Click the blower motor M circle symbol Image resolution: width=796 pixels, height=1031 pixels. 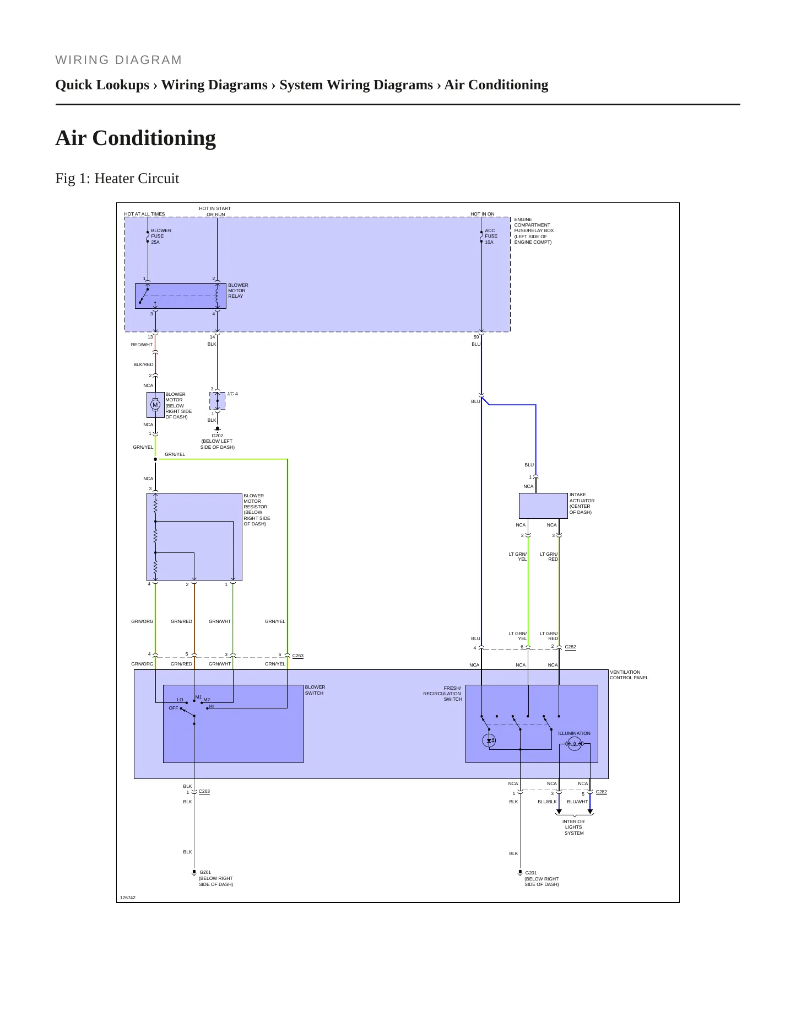(155, 405)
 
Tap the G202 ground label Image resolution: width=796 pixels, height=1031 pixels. (218, 436)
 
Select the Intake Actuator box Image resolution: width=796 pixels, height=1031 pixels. (543, 506)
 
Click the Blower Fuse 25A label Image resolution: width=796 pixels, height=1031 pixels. (161, 236)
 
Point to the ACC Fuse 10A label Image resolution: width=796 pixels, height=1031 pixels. (491, 236)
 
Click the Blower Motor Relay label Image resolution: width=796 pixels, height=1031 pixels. (238, 291)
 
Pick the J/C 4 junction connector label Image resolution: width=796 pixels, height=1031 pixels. (232, 394)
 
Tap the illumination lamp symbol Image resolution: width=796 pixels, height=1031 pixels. (575, 744)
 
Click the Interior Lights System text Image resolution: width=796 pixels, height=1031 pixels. (573, 827)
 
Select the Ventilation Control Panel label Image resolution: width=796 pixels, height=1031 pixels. (629, 675)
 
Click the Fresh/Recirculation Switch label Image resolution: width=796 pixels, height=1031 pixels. (442, 694)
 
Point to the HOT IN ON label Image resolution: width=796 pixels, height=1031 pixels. (483, 214)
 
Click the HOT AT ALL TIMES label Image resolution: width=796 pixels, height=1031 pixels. (144, 214)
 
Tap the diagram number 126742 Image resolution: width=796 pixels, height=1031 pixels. (128, 898)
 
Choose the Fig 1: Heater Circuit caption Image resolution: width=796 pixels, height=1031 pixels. (117, 178)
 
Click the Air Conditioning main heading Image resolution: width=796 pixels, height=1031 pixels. (136, 138)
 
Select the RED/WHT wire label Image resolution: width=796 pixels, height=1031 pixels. (142, 345)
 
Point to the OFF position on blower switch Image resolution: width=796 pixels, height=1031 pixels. (174, 708)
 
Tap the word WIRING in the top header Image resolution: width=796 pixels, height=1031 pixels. (83, 60)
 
